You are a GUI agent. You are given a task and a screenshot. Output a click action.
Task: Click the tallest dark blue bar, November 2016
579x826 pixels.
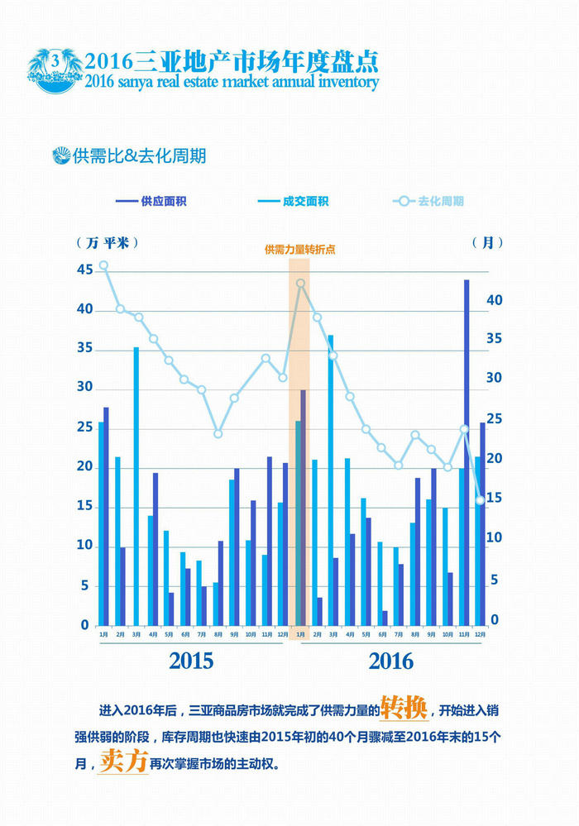(x=467, y=451)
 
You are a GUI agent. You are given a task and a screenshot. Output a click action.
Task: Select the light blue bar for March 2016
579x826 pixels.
(x=331, y=480)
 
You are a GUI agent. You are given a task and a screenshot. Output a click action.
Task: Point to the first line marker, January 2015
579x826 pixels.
(x=103, y=265)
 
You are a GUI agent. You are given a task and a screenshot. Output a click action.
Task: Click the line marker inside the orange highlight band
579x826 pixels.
(x=300, y=284)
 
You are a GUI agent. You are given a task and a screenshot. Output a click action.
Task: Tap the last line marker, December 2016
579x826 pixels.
(x=480, y=499)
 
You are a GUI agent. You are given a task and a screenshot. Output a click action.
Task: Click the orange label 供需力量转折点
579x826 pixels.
(x=299, y=249)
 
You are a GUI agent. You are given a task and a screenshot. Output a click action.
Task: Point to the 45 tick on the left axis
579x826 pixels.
(x=84, y=270)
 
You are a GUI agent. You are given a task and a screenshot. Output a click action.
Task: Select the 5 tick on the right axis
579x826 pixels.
(x=494, y=581)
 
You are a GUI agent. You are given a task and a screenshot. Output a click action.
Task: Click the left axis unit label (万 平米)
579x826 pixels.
(x=108, y=242)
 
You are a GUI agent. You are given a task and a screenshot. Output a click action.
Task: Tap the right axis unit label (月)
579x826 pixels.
(x=487, y=242)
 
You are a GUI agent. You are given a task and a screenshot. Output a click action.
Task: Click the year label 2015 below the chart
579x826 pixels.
(x=191, y=661)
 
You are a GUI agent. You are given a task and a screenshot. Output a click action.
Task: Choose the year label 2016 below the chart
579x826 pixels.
(x=390, y=661)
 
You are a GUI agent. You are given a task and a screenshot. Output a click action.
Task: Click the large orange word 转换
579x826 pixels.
(x=404, y=709)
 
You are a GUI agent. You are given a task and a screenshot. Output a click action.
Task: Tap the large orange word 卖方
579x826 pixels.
(x=122, y=761)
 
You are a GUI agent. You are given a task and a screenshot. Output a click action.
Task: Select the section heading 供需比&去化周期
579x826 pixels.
(x=129, y=155)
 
